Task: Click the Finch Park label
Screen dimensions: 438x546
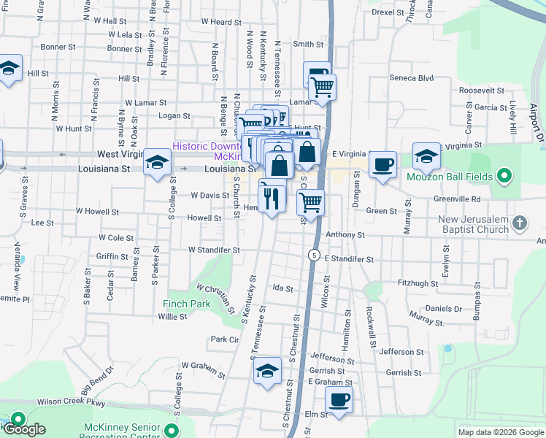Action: (x=187, y=303)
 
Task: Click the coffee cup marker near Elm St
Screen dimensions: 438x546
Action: (x=339, y=401)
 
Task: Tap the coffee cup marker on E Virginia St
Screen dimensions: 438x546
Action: (x=382, y=164)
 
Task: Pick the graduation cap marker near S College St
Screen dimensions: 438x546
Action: (x=157, y=161)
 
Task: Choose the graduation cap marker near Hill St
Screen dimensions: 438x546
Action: (x=8, y=69)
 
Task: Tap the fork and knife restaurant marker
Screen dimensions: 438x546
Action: (x=272, y=198)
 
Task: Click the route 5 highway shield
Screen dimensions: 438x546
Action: (x=313, y=254)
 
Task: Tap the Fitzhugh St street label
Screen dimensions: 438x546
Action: (x=417, y=283)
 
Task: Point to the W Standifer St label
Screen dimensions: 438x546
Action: (x=214, y=250)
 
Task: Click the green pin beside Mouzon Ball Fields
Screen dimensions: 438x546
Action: (x=504, y=175)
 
